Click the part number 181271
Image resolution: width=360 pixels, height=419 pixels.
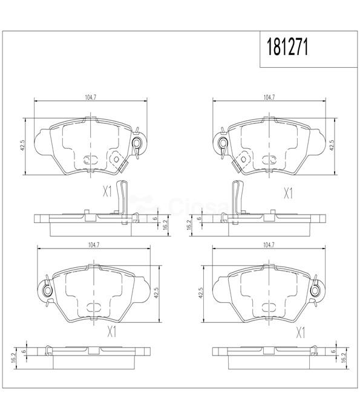coord(287,47)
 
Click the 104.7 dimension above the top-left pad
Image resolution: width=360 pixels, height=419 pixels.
coord(90,97)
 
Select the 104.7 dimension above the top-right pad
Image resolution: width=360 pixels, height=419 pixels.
coord(269,97)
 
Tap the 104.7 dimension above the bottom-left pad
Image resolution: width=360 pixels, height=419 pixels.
coord(94,245)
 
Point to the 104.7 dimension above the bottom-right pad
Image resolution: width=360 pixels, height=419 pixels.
coord(269,245)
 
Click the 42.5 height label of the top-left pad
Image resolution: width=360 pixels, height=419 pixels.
coord(22,146)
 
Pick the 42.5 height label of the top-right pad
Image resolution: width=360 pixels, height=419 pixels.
coord(332,146)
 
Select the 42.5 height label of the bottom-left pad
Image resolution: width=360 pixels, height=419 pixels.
coord(157,293)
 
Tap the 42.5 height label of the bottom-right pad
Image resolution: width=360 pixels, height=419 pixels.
coord(201,293)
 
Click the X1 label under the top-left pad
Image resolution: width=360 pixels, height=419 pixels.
coord(107,192)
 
